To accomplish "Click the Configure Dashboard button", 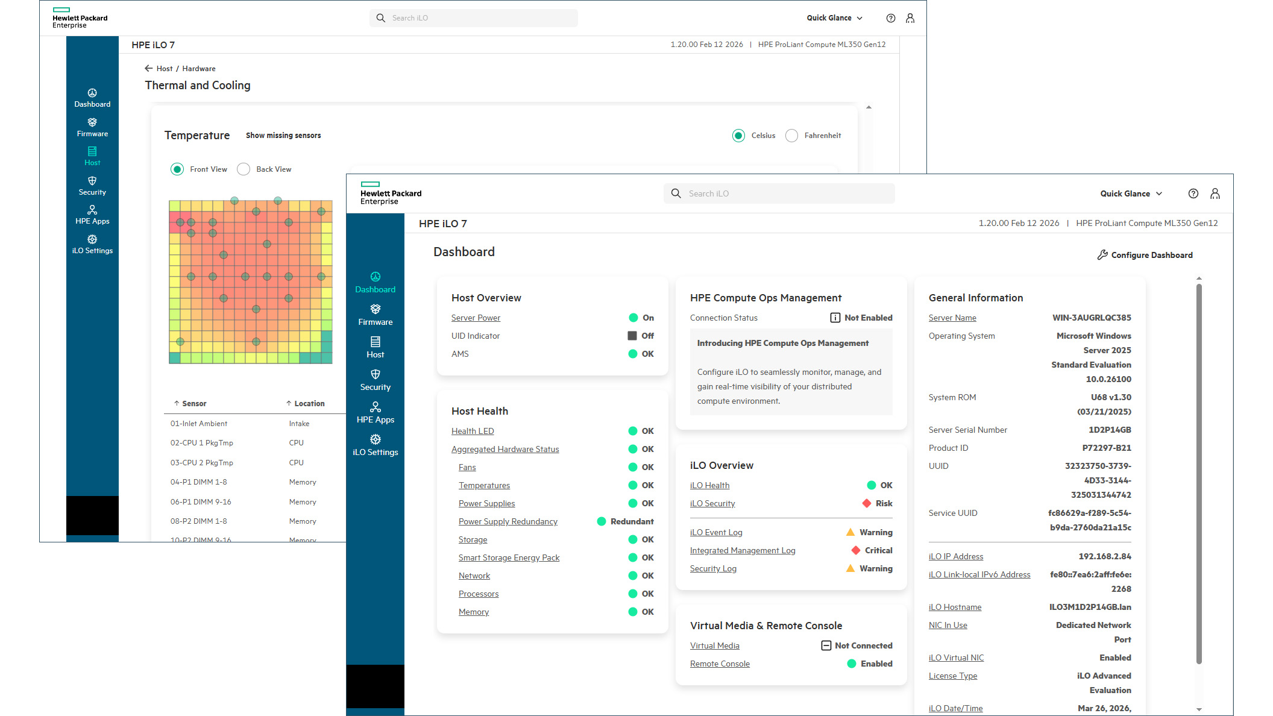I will [1145, 255].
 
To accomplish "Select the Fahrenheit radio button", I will [792, 136].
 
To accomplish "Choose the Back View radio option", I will [244, 169].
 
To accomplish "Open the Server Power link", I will [476, 318].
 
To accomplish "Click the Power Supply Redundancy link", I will [508, 521].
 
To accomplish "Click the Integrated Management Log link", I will [742, 550].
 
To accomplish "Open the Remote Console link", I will [720, 664].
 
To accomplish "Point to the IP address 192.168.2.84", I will [1104, 556].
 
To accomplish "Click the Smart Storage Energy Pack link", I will [509, 557].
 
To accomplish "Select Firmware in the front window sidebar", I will [375, 315].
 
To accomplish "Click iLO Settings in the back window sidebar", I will [92, 244].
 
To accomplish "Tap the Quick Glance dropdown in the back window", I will [834, 18].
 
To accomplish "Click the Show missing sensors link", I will [283, 136].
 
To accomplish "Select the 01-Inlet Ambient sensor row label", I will [199, 424].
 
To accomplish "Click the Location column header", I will [309, 403].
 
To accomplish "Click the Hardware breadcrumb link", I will [199, 69].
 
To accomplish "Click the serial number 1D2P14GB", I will [1109, 430].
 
